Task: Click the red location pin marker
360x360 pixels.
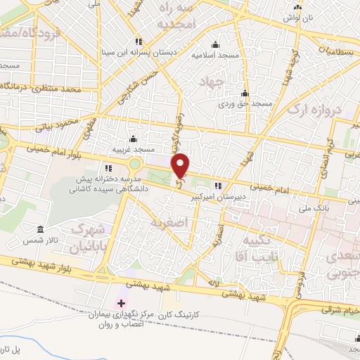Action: tap(181, 165)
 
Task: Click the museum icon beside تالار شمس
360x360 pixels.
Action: tap(40, 231)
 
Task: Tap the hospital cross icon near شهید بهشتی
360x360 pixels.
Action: tap(122, 303)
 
